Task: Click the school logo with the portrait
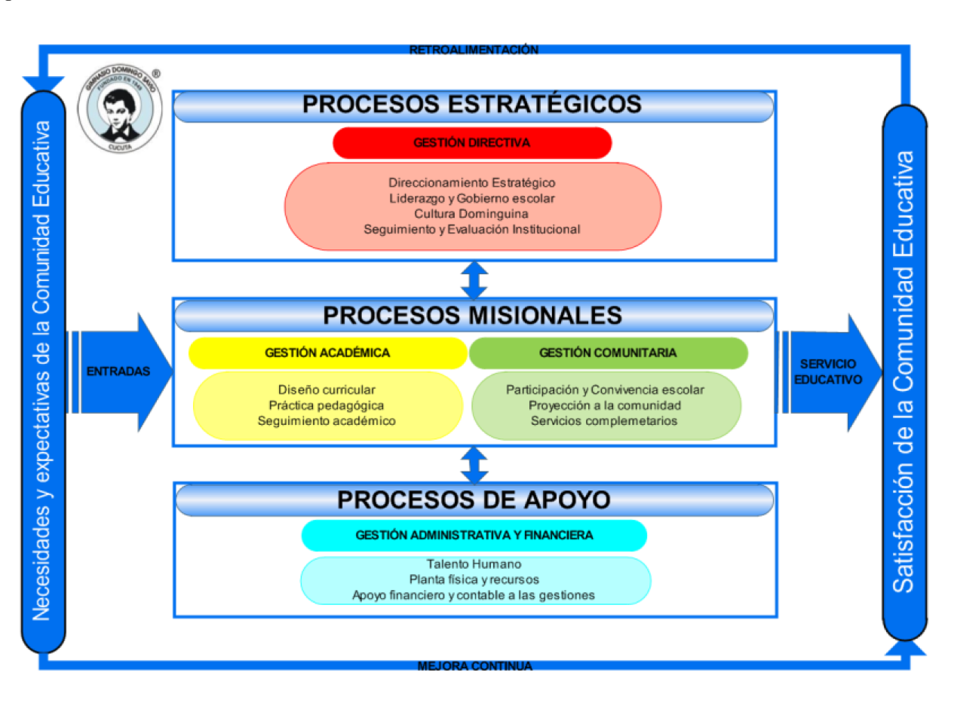pos(119,108)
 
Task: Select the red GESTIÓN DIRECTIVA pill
pos(472,142)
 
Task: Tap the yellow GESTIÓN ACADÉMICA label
pos(327,353)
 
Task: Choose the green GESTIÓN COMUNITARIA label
pos(608,353)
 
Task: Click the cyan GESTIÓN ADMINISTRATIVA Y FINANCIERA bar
pos(474,535)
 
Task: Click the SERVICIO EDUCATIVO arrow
pos(828,372)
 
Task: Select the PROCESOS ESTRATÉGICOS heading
pos(472,105)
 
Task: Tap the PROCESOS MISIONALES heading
pos(473,316)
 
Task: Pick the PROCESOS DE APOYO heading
pos(474,500)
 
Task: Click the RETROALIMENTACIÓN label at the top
pos(474,50)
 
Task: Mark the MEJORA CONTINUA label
pos(474,666)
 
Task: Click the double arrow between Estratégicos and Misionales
pos(474,280)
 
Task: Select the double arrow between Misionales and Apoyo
pos(474,465)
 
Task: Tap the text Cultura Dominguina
pos(471,214)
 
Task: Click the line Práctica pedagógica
pos(327,405)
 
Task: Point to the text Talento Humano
pos(474,564)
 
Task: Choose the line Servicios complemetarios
pos(604,421)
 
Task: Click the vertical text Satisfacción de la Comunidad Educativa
pos(903,371)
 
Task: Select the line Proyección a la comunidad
pos(604,405)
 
